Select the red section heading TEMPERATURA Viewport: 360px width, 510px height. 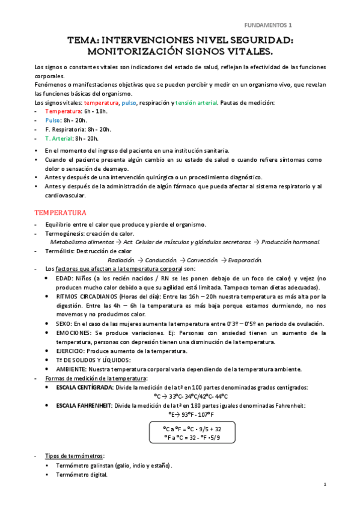click(x=60, y=213)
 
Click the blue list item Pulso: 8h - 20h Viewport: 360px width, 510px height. click(x=66, y=120)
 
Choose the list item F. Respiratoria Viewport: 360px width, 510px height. click(x=70, y=129)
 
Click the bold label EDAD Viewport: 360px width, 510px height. click(x=63, y=278)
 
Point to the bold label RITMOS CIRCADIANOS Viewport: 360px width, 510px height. click(x=83, y=296)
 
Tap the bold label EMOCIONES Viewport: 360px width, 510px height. click(x=73, y=333)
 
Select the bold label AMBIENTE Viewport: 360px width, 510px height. click(x=71, y=369)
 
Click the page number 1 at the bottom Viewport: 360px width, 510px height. click(x=325, y=485)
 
